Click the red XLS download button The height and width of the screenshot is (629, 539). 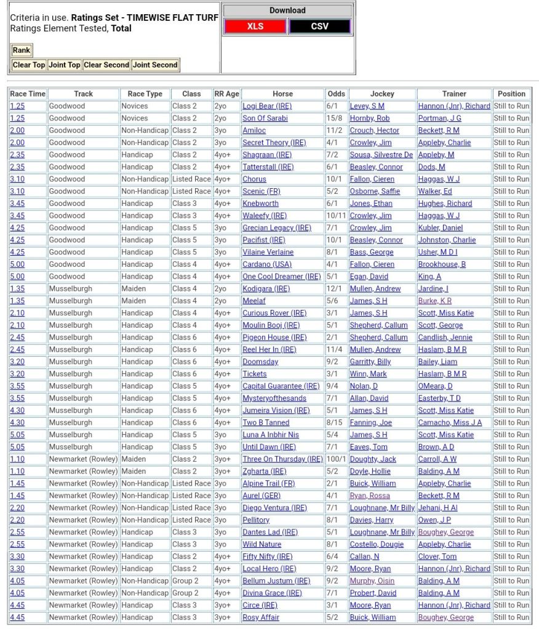255,26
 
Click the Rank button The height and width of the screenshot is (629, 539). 21,50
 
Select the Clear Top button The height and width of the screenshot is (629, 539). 29,65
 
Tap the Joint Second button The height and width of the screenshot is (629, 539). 155,65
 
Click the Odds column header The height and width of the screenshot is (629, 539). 337,94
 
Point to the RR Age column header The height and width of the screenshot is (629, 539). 226,94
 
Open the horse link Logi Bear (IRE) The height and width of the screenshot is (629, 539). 267,106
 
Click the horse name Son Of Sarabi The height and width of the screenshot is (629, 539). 265,118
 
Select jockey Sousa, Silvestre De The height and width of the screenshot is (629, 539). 381,155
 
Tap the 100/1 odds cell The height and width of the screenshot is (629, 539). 336,459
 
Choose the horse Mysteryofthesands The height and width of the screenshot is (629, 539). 274,398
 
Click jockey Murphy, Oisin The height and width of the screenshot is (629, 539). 372,581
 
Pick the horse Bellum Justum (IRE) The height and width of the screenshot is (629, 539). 276,581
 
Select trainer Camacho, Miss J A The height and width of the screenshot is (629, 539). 450,423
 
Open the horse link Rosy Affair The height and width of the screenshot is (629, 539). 261,617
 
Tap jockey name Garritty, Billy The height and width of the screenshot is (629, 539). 370,362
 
